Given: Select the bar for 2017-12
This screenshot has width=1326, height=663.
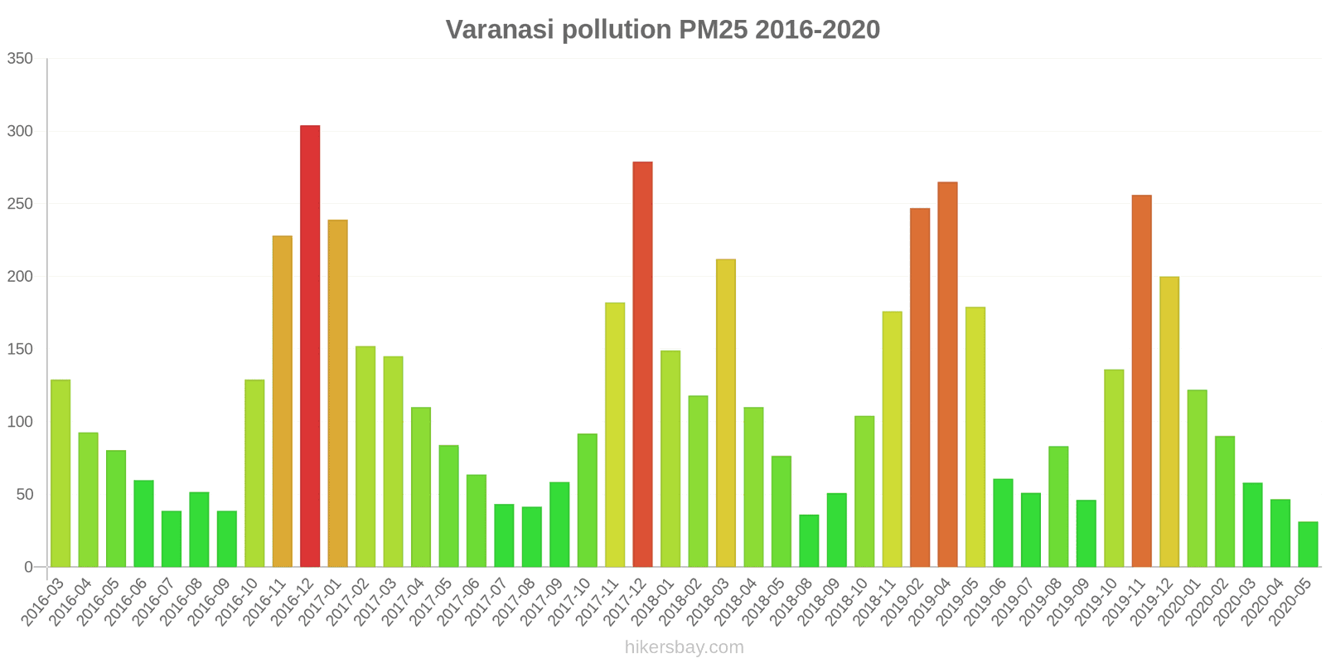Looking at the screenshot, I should (642, 365).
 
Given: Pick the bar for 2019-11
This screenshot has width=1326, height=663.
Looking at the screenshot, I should (1141, 381).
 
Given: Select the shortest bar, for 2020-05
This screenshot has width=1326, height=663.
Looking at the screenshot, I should (1308, 544).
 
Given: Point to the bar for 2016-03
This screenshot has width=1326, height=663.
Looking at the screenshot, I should (60, 473).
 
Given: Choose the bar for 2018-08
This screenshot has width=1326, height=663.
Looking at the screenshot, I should (809, 541).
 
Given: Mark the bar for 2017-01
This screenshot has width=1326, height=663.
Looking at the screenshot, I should (337, 394).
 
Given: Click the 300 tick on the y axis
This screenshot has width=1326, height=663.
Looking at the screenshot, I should (20, 131).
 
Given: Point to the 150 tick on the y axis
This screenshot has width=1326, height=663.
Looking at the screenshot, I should (20, 349).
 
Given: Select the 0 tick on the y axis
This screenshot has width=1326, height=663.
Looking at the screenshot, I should (28, 567).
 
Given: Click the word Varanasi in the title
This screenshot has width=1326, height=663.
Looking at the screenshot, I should (500, 30).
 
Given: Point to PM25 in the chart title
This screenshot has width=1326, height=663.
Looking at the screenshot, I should (713, 30).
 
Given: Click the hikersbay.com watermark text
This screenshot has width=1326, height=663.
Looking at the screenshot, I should (685, 647).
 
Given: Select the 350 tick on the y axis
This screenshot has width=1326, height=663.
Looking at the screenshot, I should (20, 59).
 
